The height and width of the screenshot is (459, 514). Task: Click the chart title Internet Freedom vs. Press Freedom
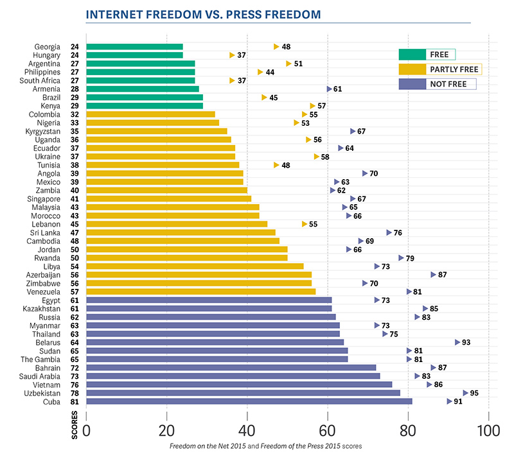click(204, 13)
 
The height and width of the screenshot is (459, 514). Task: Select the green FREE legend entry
click(427, 55)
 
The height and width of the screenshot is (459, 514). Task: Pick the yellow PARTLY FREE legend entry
click(440, 69)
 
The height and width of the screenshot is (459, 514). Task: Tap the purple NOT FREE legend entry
click(438, 84)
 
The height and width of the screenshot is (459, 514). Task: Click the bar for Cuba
click(249, 401)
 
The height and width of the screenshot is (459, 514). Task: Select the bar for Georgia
click(134, 47)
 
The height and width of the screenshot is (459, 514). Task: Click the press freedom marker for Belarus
click(457, 342)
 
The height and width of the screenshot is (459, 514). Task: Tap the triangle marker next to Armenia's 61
click(329, 89)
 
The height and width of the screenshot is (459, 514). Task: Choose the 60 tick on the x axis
click(328, 429)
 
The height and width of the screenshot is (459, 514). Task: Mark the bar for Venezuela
click(200, 291)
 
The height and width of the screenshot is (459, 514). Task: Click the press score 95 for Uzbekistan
click(475, 393)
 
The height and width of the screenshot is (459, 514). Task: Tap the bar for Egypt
click(209, 300)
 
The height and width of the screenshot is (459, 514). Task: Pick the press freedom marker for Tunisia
click(277, 165)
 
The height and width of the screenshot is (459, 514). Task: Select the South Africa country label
click(40, 80)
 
